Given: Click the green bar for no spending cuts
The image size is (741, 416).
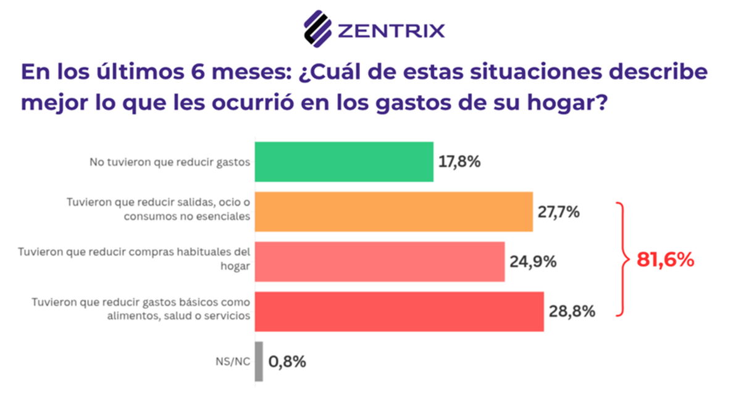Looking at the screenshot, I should [x=343, y=162].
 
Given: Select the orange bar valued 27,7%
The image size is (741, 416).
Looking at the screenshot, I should [x=393, y=212].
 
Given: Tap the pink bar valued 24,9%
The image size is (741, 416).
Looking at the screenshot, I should [x=379, y=262].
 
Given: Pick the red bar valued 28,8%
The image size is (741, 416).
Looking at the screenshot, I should [x=399, y=312].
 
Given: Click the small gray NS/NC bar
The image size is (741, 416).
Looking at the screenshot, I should [x=259, y=362].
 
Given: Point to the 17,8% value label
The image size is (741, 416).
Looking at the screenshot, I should [x=459, y=162].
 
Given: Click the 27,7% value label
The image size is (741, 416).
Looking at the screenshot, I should [x=558, y=212].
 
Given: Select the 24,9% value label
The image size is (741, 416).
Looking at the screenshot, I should [x=533, y=262].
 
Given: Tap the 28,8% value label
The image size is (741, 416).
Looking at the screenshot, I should [x=571, y=312].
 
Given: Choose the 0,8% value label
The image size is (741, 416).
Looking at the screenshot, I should [x=287, y=362].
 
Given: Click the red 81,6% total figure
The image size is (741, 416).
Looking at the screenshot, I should [x=665, y=260].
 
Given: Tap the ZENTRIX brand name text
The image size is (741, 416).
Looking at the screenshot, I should [x=390, y=31].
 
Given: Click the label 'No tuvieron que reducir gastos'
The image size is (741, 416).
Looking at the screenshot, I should [x=169, y=162].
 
